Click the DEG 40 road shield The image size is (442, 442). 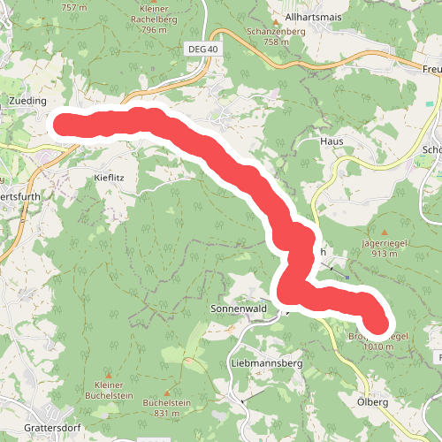[x=202, y=49]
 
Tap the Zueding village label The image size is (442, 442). [x=27, y=102]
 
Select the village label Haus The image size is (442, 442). [x=331, y=141]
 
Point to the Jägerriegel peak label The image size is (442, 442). [x=382, y=241]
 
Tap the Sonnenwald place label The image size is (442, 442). [x=238, y=309]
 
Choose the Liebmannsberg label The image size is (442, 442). [x=266, y=363]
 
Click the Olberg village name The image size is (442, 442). [x=372, y=402]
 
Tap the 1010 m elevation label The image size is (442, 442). [x=377, y=347]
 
